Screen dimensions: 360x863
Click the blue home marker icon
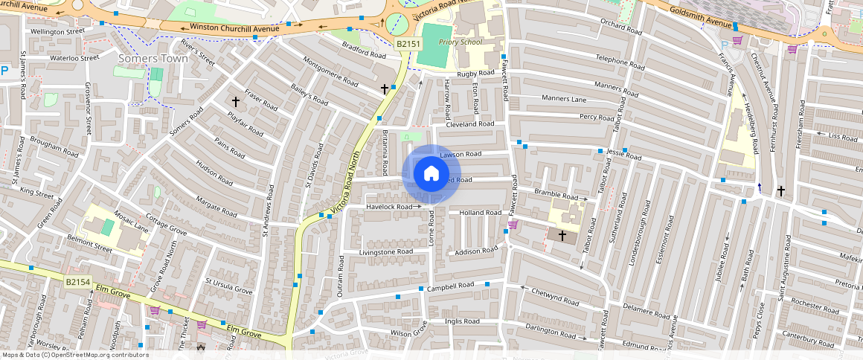(431, 174)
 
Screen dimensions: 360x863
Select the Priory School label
(461, 42)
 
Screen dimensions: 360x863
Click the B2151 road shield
(407, 45)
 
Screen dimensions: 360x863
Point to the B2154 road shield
(77, 282)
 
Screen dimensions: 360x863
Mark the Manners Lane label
(563, 99)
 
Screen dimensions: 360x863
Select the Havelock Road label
(391, 206)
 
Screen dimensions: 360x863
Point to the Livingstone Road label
(385, 252)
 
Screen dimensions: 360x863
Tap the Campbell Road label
(450, 286)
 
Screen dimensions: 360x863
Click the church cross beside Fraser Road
(236, 101)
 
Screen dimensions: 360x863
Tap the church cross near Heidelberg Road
(781, 190)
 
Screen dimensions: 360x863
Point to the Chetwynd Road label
(555, 297)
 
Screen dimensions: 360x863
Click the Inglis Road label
(461, 321)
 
